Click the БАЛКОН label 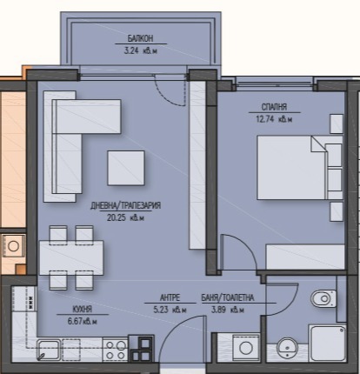tap(141, 38)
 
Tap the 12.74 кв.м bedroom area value tap(274, 119)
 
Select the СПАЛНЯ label tap(274, 107)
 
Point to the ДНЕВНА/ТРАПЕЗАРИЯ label tap(125, 205)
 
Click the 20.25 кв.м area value tap(125, 217)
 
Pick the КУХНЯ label tap(83, 310)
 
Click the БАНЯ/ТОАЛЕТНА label tap(228, 297)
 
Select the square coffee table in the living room tap(126, 168)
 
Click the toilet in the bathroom tap(323, 298)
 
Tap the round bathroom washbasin tap(287, 349)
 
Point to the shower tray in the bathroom tap(328, 344)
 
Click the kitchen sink tap(49, 350)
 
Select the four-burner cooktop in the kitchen tap(116, 351)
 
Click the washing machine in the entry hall tap(246, 347)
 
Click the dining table tap(71, 257)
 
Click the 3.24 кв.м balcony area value tap(141, 51)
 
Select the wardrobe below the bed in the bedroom tap(305, 257)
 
